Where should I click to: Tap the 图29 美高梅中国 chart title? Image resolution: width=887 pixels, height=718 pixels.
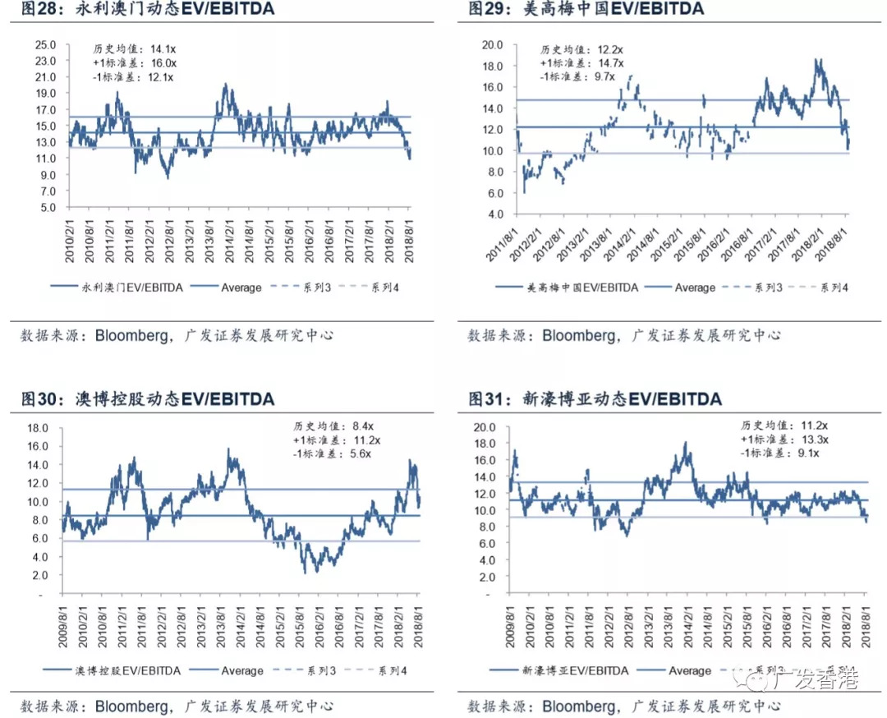pyautogui.click(x=586, y=9)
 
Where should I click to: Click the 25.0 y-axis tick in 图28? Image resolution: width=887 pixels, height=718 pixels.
pyautogui.click(x=44, y=44)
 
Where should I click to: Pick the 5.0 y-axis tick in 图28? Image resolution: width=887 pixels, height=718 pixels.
pyautogui.click(x=47, y=207)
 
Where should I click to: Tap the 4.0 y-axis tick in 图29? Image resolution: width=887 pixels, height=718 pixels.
pyautogui.click(x=492, y=214)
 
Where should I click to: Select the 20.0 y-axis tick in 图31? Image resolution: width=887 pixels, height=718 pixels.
pyautogui.click(x=485, y=427)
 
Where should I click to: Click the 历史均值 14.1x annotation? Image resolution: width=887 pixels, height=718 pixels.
pyautogui.click(x=134, y=48)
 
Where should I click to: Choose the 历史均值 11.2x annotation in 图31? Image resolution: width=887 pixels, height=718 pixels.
pyautogui.click(x=784, y=426)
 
